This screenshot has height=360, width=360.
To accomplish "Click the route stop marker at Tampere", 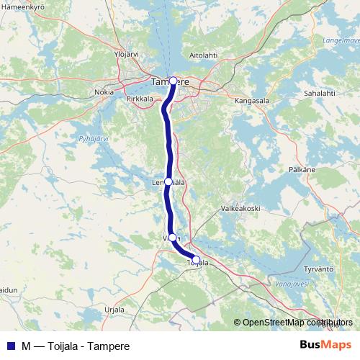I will click(173, 81).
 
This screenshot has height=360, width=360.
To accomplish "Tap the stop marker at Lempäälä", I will click(168, 182).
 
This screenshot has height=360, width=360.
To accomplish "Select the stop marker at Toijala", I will click(196, 259).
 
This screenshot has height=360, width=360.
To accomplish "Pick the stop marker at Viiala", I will click(172, 238).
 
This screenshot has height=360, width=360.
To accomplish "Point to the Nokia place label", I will click(104, 92).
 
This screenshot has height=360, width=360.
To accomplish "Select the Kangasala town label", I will click(251, 102).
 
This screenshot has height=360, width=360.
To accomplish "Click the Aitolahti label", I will click(204, 55).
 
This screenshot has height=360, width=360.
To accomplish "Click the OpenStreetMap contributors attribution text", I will click(293, 323).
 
